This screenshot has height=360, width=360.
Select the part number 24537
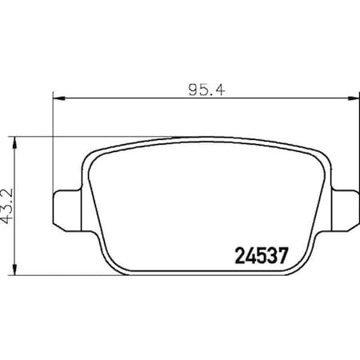(261, 257)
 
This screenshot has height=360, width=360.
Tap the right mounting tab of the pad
(342, 208)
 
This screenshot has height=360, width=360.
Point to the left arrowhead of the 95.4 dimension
(58, 98)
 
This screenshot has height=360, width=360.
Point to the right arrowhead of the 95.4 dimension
(351, 98)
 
